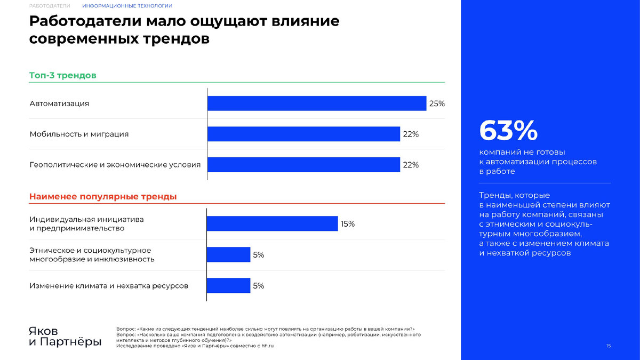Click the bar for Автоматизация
pyautogui.click(x=317, y=103)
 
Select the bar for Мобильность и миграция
pyautogui.click(x=303, y=134)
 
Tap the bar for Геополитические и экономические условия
pyautogui.click(x=303, y=165)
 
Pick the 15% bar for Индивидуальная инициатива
pyautogui.click(x=272, y=223)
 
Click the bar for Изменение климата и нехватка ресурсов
pyautogui.click(x=229, y=286)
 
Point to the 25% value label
pyautogui.click(x=437, y=103)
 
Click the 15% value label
pyautogui.click(x=347, y=224)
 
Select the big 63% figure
pyautogui.click(x=508, y=130)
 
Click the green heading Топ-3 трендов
pyautogui.click(x=62, y=76)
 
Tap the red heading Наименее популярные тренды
pyautogui.click(x=102, y=197)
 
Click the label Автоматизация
pyautogui.click(x=59, y=103)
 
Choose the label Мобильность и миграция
pyautogui.click(x=79, y=134)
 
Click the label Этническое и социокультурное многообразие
pyautogui.click(x=92, y=254)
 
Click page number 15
pyautogui.click(x=609, y=347)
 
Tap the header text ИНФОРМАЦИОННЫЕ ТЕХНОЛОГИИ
pyautogui.click(x=127, y=6)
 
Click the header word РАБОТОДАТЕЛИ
pyautogui.click(x=50, y=6)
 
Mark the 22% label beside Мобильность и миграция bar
pyautogui.click(x=411, y=134)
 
